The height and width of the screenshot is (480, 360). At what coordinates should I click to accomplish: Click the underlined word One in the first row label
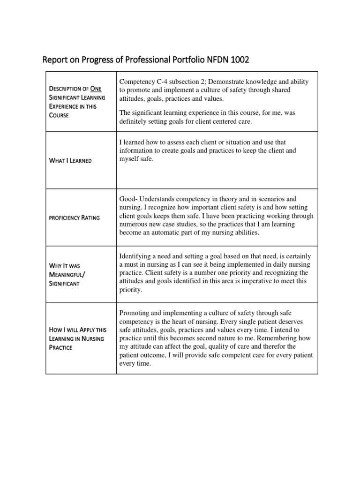click(96, 89)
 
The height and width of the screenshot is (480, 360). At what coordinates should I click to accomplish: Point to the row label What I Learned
click(70, 161)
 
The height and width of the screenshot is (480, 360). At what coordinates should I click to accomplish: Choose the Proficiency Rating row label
click(74, 218)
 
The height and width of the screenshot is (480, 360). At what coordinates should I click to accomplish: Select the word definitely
click(135, 122)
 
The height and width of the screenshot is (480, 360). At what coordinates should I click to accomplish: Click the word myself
click(132, 159)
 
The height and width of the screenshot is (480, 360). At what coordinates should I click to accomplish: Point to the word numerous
click(137, 225)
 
